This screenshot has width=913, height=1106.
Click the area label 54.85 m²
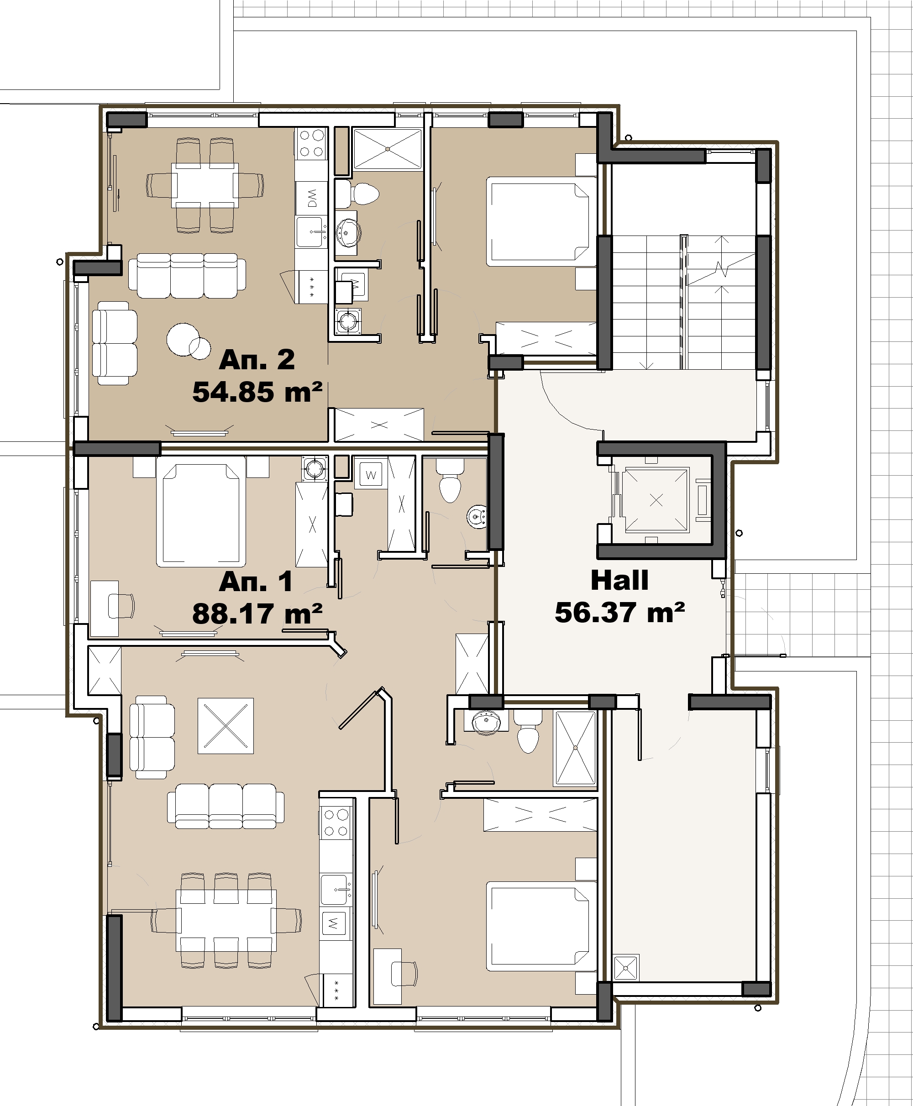click(257, 393)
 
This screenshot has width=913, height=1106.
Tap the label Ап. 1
click(256, 581)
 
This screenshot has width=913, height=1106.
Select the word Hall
click(619, 580)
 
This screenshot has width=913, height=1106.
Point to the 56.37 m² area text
click(619, 612)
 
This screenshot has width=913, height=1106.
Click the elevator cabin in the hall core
click(656, 500)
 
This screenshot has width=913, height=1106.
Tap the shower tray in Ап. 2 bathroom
click(388, 149)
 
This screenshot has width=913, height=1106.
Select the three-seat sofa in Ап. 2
click(187, 276)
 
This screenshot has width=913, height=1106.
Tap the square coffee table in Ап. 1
click(226, 726)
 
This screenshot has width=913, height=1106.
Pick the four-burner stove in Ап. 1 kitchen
click(336, 823)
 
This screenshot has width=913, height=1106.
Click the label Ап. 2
click(257, 360)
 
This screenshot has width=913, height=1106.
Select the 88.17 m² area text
click(257, 613)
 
